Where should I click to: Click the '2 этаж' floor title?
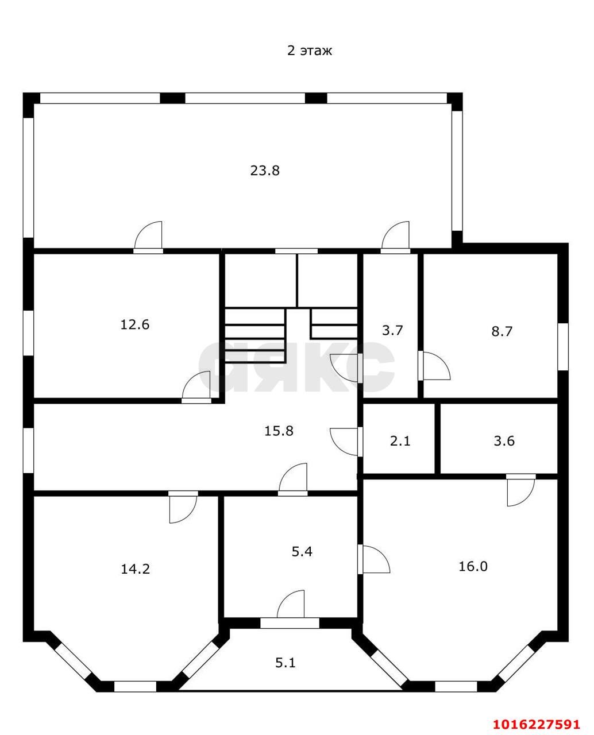tap(309, 51)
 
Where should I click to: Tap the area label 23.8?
tap(265, 171)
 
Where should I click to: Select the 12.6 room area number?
tap(134, 324)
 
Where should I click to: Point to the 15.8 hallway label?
tap(279, 431)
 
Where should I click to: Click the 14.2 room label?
tap(136, 569)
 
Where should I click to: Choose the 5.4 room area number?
tap(302, 551)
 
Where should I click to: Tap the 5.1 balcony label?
tap(286, 663)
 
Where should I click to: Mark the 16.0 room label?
tap(473, 566)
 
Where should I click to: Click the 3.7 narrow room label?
tap(392, 330)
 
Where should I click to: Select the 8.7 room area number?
tap(502, 331)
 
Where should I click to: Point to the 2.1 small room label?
tap(400, 440)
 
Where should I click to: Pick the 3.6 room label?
tap(504, 440)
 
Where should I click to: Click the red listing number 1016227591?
tap(537, 721)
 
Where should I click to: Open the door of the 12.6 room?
tap(196, 387)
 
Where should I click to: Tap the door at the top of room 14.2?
tap(183, 507)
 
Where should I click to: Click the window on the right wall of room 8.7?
tap(563, 347)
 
